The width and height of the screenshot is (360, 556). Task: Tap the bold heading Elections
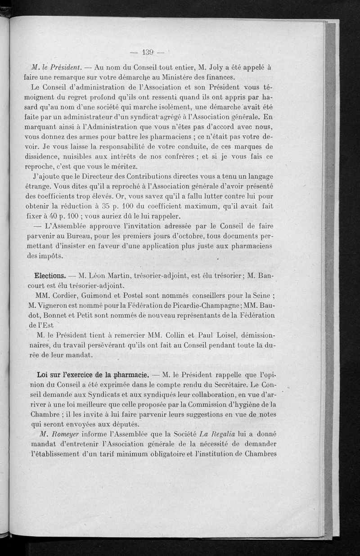coord(50,275)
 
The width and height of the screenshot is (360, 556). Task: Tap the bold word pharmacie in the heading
coord(128,375)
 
